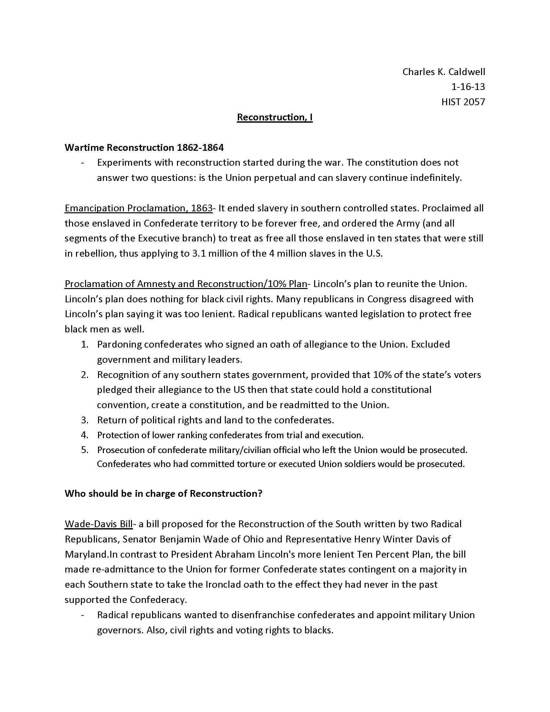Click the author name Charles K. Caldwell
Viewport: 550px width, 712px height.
click(x=444, y=72)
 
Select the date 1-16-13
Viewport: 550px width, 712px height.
click(x=468, y=87)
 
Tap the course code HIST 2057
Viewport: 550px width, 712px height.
click(x=463, y=102)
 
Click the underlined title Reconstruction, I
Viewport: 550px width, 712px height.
click(x=275, y=117)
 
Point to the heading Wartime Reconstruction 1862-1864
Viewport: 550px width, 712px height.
click(x=144, y=148)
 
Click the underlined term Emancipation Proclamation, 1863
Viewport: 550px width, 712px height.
click(x=138, y=208)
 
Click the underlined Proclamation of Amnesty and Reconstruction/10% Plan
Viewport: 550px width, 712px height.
click(x=186, y=284)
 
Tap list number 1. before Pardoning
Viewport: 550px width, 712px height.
click(x=85, y=345)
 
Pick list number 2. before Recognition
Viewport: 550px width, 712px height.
click(x=85, y=375)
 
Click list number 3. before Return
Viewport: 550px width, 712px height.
click(x=85, y=420)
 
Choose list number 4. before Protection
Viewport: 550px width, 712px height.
click(x=85, y=435)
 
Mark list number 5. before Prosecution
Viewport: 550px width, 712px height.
click(x=85, y=450)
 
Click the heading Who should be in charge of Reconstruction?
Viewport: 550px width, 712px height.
click(x=163, y=494)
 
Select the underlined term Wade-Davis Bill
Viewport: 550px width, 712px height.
click(x=98, y=524)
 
